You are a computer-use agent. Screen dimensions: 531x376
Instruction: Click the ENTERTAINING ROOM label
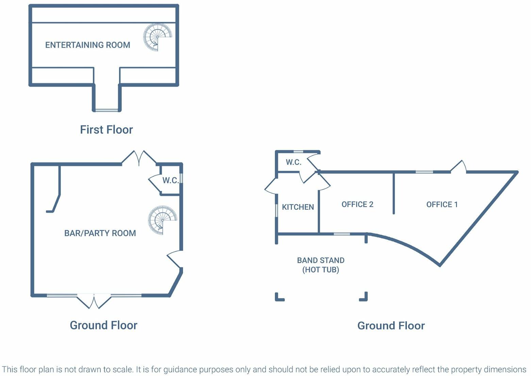tap(87, 45)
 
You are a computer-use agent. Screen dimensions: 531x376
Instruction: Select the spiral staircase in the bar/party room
tap(162, 220)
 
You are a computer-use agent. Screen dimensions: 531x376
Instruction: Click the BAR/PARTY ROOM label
tap(100, 233)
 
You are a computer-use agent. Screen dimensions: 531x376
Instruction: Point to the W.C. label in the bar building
tap(170, 180)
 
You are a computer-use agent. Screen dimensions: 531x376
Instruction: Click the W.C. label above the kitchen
tap(294, 162)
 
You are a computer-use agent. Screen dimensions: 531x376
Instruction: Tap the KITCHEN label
tap(298, 207)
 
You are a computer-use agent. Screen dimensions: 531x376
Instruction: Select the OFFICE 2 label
tap(357, 204)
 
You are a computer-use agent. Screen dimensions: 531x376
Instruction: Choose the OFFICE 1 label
tap(442, 204)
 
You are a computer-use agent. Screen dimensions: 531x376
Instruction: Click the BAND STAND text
tap(320, 260)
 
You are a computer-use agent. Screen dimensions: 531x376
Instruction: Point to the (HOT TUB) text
tap(320, 270)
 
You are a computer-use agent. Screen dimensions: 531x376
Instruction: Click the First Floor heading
tap(106, 130)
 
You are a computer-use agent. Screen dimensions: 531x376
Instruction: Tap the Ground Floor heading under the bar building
tap(103, 325)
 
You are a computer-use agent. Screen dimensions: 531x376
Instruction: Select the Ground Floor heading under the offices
tap(391, 326)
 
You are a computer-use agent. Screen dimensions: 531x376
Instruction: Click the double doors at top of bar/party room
tap(139, 158)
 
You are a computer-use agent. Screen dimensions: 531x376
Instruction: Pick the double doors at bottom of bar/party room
tap(94, 301)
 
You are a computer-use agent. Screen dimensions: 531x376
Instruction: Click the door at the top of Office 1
tap(459, 167)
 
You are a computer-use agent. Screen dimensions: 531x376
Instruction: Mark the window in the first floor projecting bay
tap(106, 110)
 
